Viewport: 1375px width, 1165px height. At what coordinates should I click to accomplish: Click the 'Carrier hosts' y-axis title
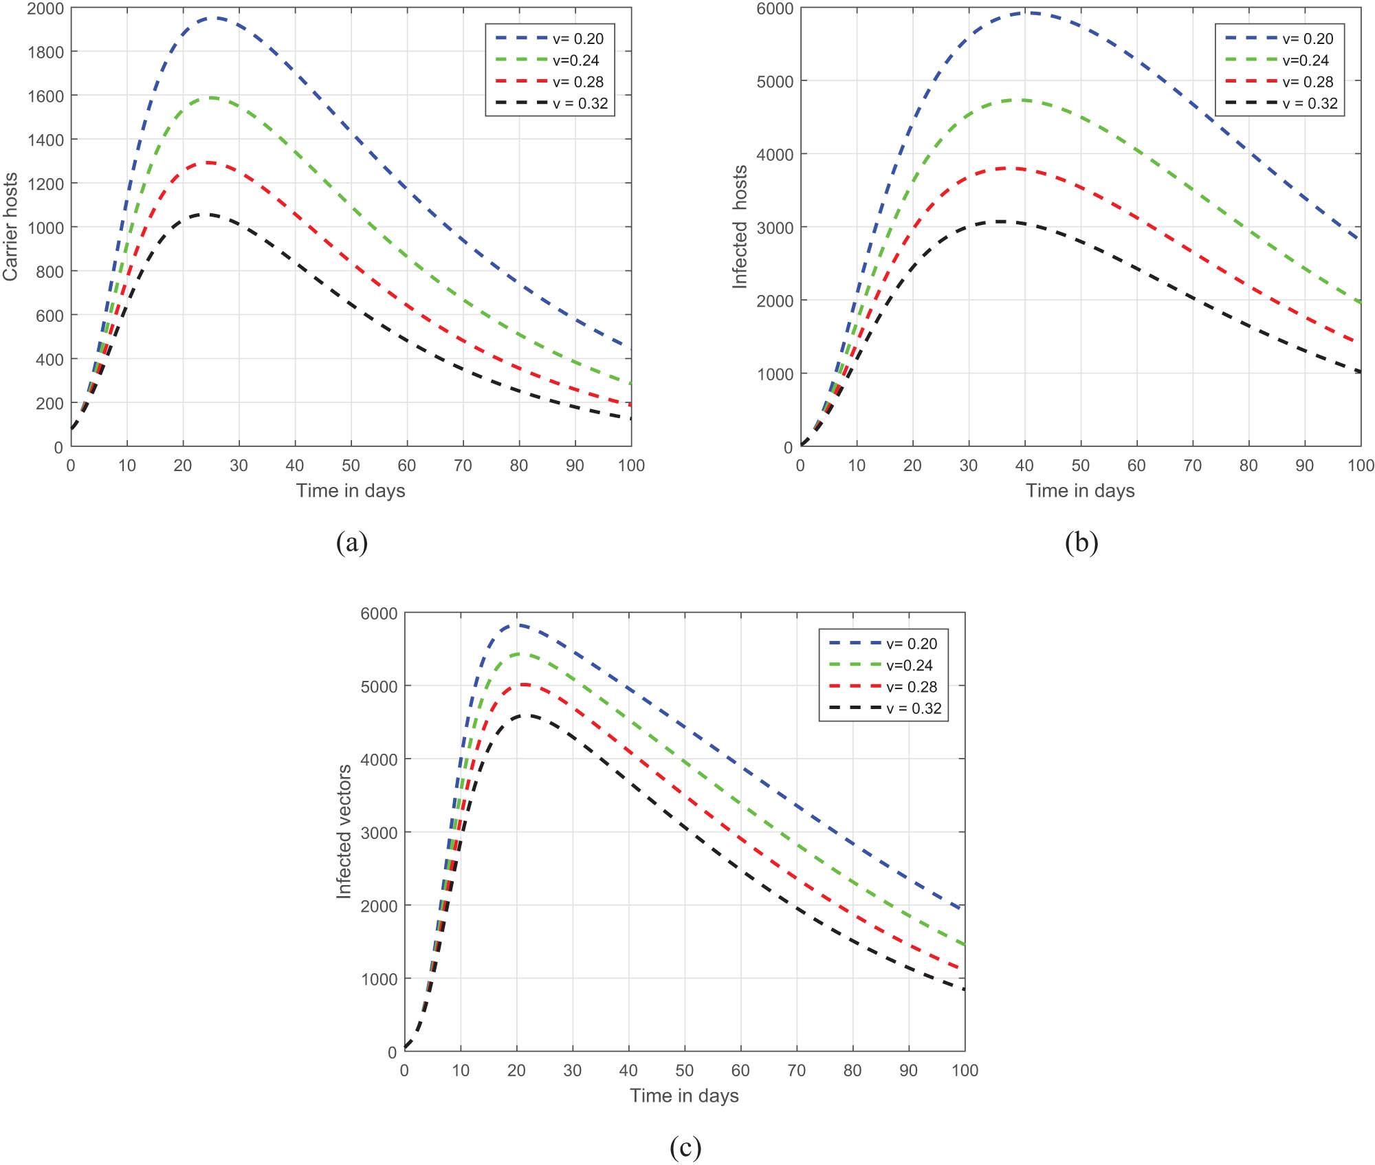click(x=10, y=227)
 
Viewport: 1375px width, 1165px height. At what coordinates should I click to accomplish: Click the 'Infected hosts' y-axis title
click(x=740, y=227)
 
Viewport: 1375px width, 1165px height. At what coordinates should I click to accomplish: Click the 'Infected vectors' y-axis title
click(x=344, y=831)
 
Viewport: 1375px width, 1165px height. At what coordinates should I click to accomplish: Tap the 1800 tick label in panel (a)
click(x=45, y=52)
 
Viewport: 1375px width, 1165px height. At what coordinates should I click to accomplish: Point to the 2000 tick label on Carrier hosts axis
click(x=45, y=9)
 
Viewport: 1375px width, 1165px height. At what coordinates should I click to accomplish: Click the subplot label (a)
click(x=351, y=543)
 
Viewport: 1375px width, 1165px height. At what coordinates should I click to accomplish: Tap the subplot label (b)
click(x=1081, y=543)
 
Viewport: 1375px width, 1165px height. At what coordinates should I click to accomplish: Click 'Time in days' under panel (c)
click(x=684, y=1096)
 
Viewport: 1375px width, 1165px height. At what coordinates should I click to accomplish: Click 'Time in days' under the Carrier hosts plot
click(x=351, y=491)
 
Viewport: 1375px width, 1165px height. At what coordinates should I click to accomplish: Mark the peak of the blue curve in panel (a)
click(x=215, y=19)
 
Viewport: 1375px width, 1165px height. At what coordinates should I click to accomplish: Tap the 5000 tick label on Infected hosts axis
click(x=774, y=82)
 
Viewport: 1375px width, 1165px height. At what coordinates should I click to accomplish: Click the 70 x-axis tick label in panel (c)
click(x=796, y=1070)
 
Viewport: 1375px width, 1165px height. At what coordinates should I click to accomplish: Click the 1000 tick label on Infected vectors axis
click(x=379, y=979)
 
